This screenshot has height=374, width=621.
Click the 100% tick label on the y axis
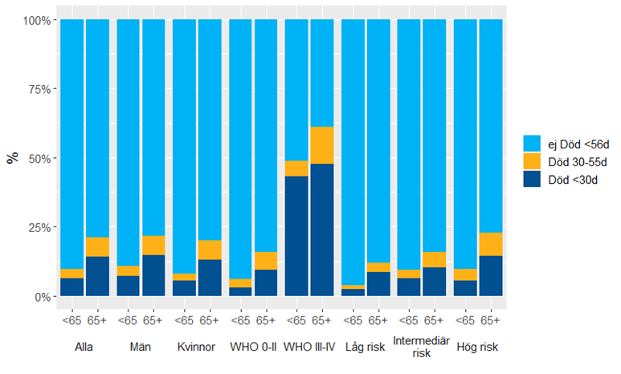pyautogui.click(x=37, y=19)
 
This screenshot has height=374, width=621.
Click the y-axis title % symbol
pyautogui.click(x=12, y=157)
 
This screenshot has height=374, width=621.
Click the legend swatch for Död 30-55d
pyautogui.click(x=532, y=161)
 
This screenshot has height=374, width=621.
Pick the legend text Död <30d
pyautogui.click(x=572, y=179)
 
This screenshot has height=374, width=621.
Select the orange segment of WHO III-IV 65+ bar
pyautogui.click(x=322, y=145)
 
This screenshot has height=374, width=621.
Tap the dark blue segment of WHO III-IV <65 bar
pyautogui.click(x=296, y=236)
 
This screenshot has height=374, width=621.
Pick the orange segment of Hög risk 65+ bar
pyautogui.click(x=491, y=244)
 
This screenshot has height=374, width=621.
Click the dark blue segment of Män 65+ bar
pyautogui.click(x=153, y=275)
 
